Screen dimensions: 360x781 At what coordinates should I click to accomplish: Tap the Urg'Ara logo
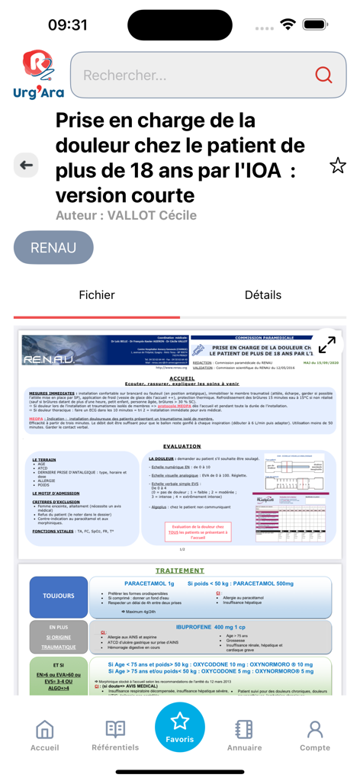(x=38, y=74)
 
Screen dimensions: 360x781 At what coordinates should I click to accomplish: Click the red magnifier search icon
(x=323, y=75)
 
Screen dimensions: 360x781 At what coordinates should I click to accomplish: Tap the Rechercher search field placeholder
(x=125, y=75)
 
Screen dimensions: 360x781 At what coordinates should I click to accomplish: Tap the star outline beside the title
(x=337, y=165)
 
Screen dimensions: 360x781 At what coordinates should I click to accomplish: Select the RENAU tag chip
(x=53, y=248)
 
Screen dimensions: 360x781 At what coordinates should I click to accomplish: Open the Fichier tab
(x=97, y=295)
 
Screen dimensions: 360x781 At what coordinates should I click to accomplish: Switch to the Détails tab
(x=263, y=295)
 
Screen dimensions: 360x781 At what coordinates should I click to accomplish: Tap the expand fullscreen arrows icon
(x=326, y=344)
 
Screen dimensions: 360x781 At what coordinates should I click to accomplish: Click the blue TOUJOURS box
(x=59, y=596)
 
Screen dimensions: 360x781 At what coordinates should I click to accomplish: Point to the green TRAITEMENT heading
(x=179, y=570)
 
